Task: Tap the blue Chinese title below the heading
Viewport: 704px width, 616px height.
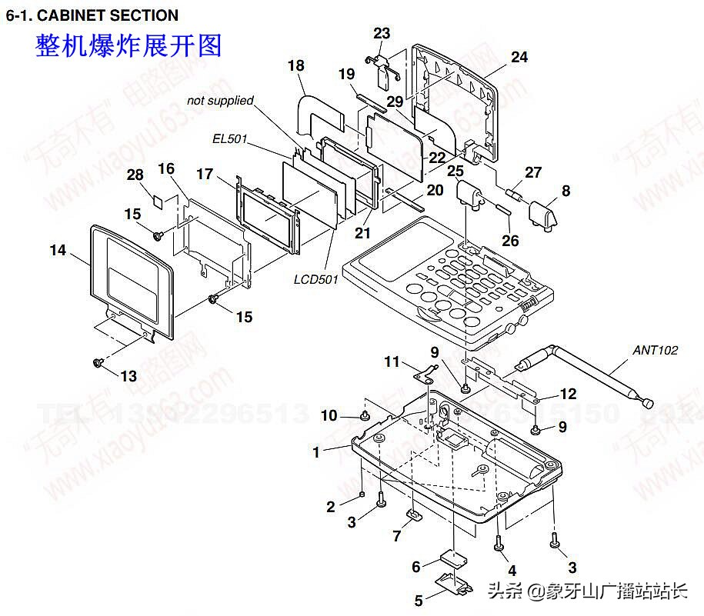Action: click(x=128, y=45)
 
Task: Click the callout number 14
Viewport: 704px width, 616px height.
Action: click(x=58, y=250)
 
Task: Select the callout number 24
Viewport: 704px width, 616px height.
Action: click(x=519, y=57)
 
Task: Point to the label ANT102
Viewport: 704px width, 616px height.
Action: click(x=655, y=350)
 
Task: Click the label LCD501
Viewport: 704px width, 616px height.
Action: click(x=315, y=279)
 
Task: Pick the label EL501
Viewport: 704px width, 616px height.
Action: click(x=229, y=139)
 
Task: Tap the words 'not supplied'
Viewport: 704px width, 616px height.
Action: click(x=220, y=101)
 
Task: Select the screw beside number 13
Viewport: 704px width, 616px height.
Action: click(x=98, y=361)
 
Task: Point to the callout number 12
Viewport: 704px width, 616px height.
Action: click(x=568, y=394)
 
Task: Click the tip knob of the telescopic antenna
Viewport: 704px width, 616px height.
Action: click(x=649, y=403)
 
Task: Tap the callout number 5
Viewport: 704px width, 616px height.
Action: click(x=419, y=600)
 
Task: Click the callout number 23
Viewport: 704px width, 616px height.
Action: click(x=382, y=33)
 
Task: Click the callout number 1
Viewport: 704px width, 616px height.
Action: click(x=315, y=452)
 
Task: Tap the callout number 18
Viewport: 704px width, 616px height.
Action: click(x=296, y=66)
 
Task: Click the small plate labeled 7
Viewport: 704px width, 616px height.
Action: click(x=413, y=514)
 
